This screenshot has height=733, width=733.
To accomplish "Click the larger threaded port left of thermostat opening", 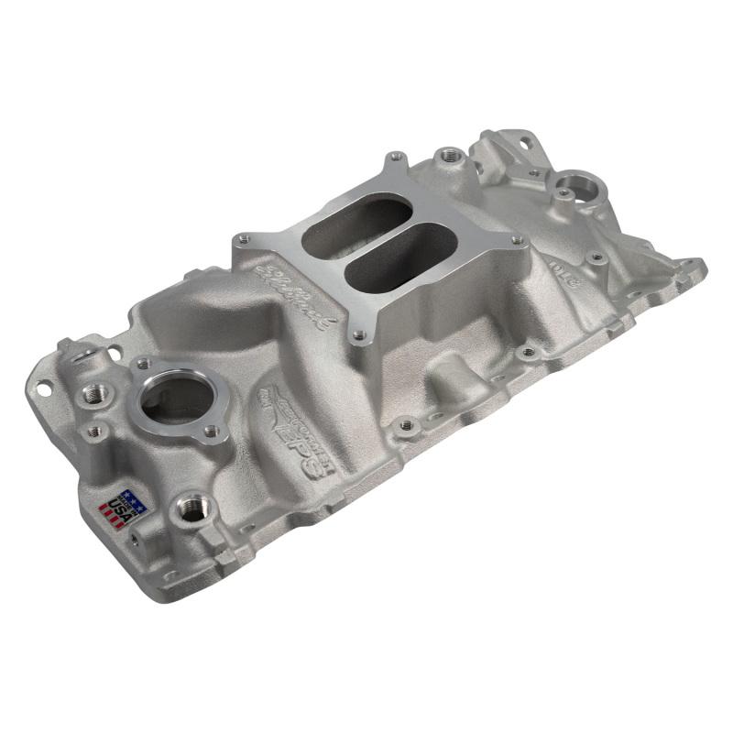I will click(x=94, y=392).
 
